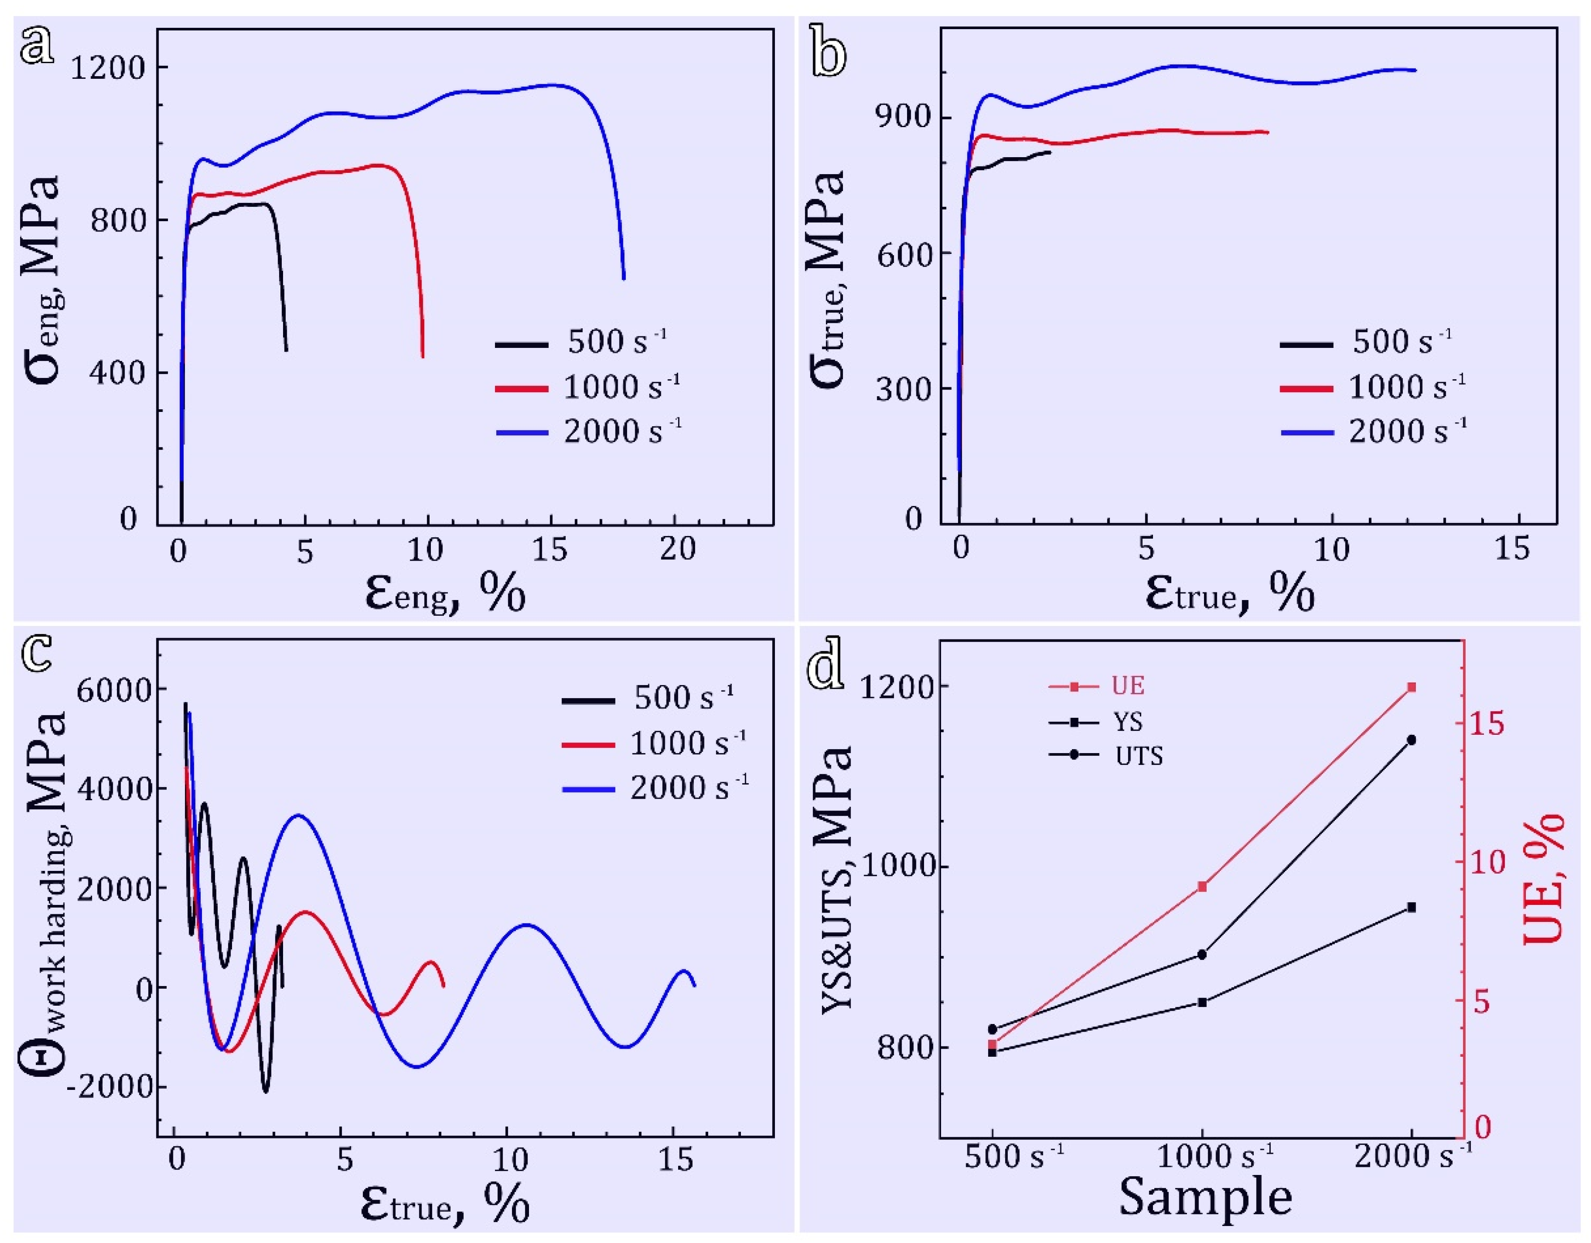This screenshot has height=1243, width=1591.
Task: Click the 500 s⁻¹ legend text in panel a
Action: (617, 342)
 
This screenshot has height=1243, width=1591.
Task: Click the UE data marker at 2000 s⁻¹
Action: (1411, 687)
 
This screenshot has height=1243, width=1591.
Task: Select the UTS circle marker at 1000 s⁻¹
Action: (1202, 955)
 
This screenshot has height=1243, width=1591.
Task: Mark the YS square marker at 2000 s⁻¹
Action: (1411, 907)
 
